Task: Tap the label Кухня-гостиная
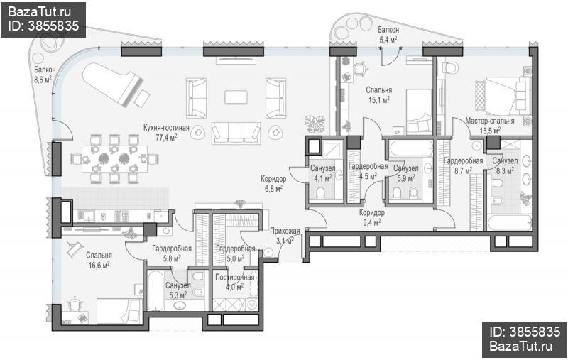166,128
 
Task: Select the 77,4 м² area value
166,137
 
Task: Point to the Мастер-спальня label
490,121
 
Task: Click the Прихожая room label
285,231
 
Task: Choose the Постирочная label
235,278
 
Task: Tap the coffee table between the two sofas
236,97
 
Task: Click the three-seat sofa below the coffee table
236,133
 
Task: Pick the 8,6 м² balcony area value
43,80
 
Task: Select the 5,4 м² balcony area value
388,39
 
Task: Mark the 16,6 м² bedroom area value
99,265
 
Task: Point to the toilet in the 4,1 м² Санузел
321,193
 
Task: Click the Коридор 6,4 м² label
371,218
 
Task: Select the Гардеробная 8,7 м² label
464,165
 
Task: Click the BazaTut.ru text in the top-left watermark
39,12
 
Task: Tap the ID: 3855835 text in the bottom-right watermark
525,332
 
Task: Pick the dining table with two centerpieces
114,158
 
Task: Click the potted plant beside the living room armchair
315,123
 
